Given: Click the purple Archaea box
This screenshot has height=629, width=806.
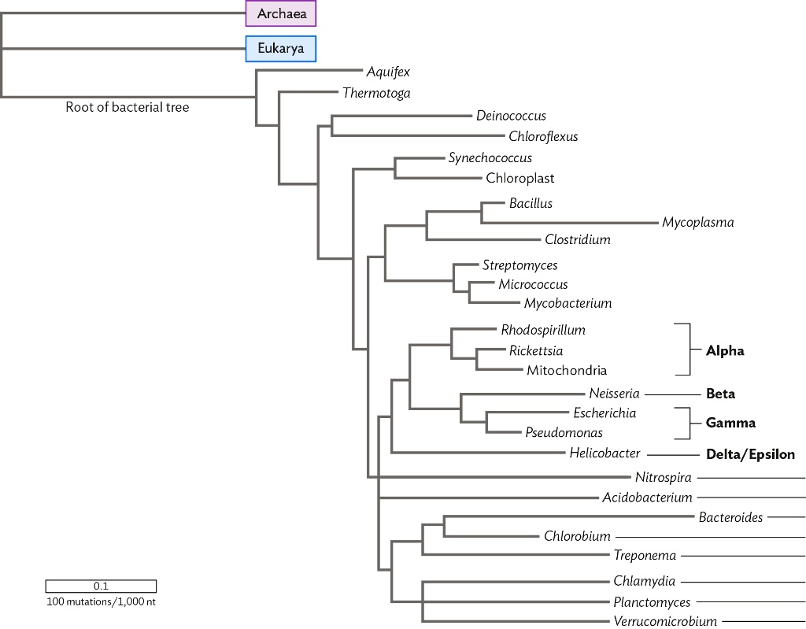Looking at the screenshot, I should click(x=280, y=13).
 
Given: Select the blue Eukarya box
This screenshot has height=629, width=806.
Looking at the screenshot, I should click(x=280, y=49).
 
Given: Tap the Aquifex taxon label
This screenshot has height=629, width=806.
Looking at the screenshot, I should click(x=388, y=72).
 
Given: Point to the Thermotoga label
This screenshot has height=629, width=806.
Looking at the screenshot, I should click(x=376, y=93).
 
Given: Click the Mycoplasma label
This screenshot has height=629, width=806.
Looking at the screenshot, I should click(x=697, y=222).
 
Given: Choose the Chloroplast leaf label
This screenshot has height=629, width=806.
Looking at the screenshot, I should click(x=519, y=178).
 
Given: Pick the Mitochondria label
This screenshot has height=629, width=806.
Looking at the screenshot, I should click(x=567, y=370).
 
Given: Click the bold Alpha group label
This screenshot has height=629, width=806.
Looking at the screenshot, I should click(x=725, y=351).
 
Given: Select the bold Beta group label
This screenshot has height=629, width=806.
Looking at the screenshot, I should click(x=720, y=394).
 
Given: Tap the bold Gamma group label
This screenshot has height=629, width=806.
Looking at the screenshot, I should click(x=730, y=423).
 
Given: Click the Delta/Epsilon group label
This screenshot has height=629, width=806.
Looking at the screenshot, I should click(x=750, y=454).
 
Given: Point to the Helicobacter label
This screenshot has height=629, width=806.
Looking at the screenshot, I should click(x=604, y=453).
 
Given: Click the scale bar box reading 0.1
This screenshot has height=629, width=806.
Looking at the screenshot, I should click(x=101, y=586).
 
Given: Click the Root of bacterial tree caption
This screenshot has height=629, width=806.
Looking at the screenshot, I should click(x=127, y=108).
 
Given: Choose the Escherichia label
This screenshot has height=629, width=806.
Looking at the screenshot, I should click(x=604, y=413).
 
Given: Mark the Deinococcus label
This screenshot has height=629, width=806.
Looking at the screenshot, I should click(x=511, y=116).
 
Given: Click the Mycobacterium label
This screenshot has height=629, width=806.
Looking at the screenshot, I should click(x=568, y=303).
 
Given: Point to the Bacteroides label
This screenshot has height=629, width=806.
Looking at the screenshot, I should click(x=730, y=517).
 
